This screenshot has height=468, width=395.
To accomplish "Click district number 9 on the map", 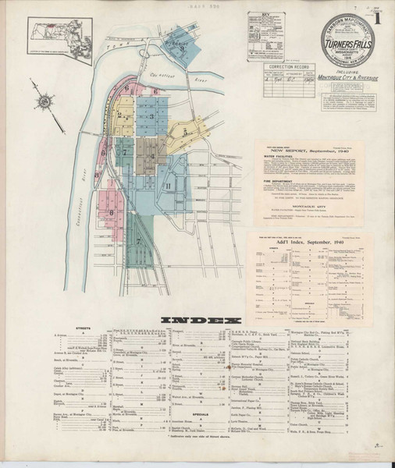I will (x=182, y=50).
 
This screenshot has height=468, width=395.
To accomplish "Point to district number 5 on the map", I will (x=184, y=132).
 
